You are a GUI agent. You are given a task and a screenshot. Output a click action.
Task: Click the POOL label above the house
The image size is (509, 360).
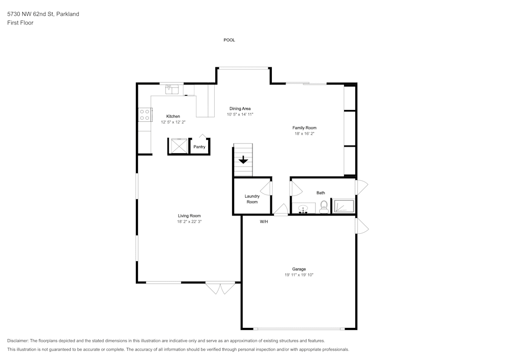tap(229, 40)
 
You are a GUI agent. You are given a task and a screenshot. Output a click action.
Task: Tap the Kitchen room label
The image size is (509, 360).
tap(173, 116)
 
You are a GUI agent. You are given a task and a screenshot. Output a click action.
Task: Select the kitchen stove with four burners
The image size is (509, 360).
tap(145, 115)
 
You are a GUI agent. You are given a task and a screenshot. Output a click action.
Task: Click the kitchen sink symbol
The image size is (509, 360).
tap(172, 89)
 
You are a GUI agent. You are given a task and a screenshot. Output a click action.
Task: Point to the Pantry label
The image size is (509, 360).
tap(200, 147)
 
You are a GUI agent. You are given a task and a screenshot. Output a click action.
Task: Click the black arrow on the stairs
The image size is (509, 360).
tap(243, 160)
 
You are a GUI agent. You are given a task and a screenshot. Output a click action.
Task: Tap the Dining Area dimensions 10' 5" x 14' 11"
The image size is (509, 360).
tap(240, 114)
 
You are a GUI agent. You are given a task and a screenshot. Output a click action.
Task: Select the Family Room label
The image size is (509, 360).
tap(304, 128)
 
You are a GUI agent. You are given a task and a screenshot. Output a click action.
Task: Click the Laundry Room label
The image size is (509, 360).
tap(252, 199)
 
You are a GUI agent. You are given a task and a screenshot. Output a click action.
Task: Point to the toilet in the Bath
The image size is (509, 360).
tap(324, 207)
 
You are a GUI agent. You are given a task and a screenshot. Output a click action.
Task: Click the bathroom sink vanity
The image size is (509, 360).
tap(303, 208)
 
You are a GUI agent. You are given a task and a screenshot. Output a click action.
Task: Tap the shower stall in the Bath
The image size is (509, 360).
tap(344, 206)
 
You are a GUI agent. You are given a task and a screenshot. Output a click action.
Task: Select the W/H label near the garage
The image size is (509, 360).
tap(264, 221)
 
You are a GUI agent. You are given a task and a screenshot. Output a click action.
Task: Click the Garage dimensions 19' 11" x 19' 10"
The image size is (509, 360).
tap(299, 275)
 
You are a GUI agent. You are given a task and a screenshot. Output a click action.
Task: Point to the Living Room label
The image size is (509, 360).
tap(189, 216)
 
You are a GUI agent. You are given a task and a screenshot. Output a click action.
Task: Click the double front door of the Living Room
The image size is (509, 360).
tap(220, 288)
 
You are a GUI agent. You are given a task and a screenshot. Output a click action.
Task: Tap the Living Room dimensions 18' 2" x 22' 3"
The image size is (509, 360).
tap(189, 221)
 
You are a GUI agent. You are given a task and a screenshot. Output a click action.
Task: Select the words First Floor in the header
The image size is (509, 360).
tap(20, 23)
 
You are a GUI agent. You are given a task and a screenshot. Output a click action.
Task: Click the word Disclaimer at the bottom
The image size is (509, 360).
tap(17, 341)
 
